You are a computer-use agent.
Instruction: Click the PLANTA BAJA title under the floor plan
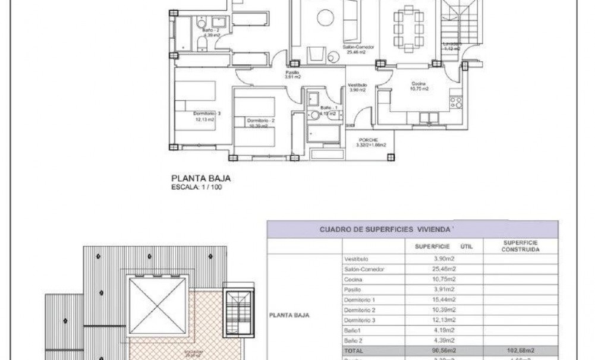200,177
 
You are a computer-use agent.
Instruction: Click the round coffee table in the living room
324,17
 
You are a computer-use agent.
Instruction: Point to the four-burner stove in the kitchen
456,102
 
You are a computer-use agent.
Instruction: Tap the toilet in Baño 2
190,39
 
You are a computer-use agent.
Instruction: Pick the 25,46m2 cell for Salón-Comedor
440,269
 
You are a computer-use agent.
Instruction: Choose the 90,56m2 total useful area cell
440,351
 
